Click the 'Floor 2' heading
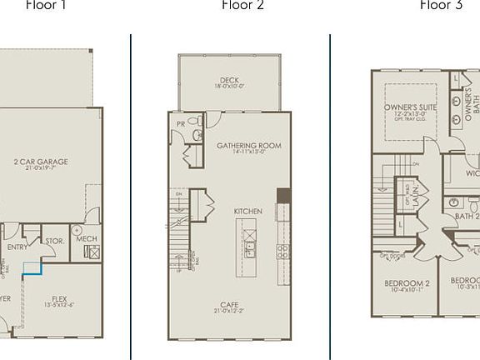point(243,5)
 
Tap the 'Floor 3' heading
point(441,5)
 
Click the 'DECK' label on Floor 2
point(230,80)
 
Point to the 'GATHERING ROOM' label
point(249,146)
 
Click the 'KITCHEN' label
point(248,212)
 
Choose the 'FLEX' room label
point(59,297)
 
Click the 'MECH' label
point(87,239)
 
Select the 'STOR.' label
point(54,242)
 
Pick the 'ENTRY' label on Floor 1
point(17,247)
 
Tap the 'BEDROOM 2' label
point(407,283)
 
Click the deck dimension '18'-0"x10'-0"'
point(230,87)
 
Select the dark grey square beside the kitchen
point(284,196)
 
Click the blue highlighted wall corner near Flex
point(34,267)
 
